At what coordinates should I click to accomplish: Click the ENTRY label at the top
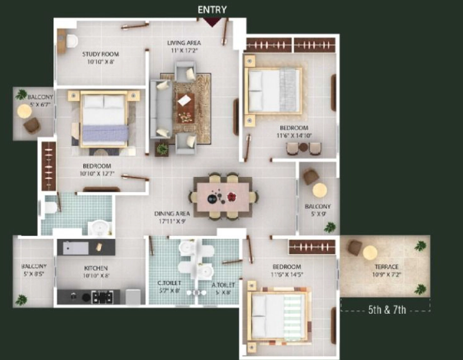[212, 10]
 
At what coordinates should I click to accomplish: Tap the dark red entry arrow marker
[212, 22]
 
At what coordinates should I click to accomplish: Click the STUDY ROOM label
[101, 54]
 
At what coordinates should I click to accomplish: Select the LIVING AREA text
[184, 43]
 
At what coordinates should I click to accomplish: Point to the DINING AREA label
[172, 214]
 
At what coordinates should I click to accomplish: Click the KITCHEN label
[96, 268]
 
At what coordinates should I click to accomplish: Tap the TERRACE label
[387, 267]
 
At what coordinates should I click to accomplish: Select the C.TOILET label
[169, 283]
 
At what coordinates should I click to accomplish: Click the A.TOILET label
[223, 285]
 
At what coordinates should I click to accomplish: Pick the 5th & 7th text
[387, 310]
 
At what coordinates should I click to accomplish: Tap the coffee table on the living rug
[185, 108]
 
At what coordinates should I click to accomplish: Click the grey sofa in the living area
[161, 109]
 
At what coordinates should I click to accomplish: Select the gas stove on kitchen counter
[102, 297]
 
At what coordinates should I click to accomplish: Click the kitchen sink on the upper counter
[76, 248]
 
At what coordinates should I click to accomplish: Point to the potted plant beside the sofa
[162, 149]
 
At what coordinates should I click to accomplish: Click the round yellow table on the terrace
[370, 253]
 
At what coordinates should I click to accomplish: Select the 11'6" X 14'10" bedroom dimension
[294, 136]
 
